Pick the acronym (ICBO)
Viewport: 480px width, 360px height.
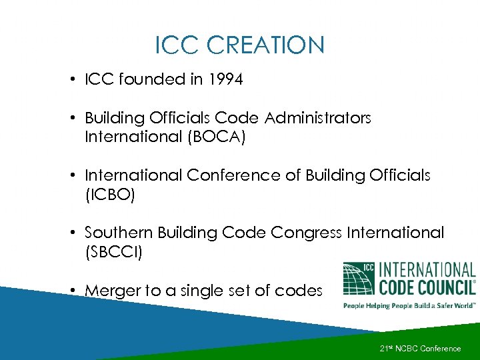tap(113, 195)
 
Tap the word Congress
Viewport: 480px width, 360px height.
tap(307, 233)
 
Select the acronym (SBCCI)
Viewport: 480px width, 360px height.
tap(114, 253)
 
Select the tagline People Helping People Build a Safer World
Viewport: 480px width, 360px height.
tap(409, 305)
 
